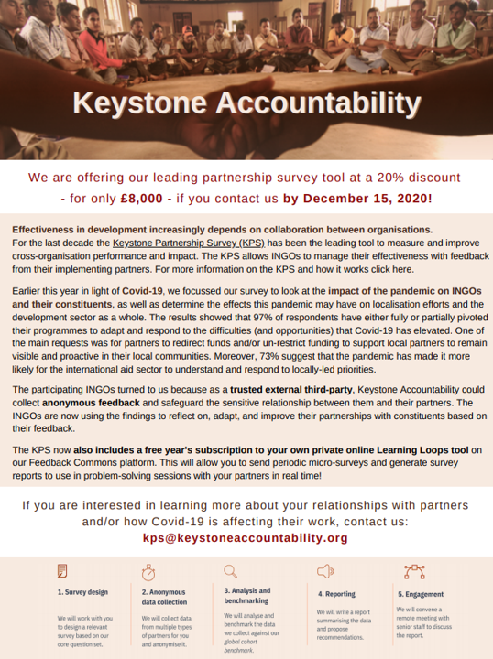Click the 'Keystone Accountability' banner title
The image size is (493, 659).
click(x=246, y=103)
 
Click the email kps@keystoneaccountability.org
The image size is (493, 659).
click(x=246, y=537)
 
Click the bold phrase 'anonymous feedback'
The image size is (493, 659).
click(x=82, y=402)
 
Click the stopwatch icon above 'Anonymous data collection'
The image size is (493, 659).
click(x=148, y=571)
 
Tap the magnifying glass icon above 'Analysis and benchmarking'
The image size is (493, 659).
click(x=229, y=570)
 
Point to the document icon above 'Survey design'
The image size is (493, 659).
click(x=62, y=571)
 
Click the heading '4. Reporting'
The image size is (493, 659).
click(x=336, y=593)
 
